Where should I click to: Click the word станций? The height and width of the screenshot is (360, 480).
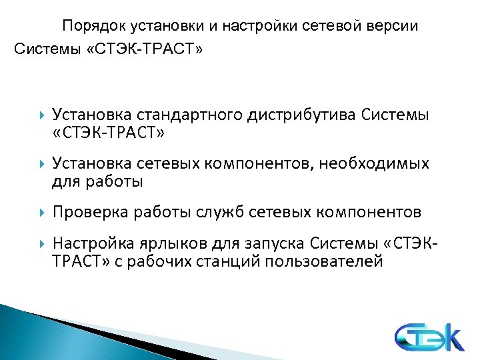point(229,261)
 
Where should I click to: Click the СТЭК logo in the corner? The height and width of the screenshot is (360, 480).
point(427,337)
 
